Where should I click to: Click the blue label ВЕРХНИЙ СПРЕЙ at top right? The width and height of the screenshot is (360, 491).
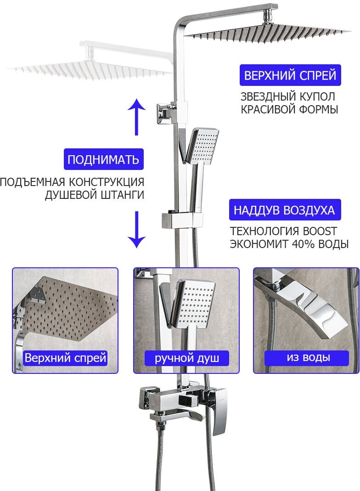click(290, 75)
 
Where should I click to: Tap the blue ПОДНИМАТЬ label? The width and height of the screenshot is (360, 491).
click(103, 160)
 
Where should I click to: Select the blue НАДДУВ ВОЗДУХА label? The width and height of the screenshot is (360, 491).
click(284, 210)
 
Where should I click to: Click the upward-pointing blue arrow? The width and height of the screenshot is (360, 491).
click(136, 117)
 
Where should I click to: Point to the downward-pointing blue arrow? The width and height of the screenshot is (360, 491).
click(136, 230)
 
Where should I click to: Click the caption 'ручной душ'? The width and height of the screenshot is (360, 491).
click(186, 358)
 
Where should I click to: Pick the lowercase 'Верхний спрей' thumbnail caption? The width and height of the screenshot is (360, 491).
click(65, 358)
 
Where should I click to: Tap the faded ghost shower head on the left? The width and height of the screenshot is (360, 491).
click(87, 69)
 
